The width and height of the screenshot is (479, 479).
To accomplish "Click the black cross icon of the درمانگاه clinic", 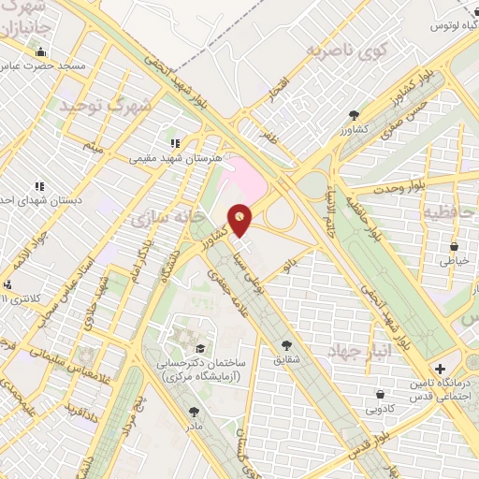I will pos(441,368).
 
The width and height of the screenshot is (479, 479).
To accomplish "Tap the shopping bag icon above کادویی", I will pos(379,394).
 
